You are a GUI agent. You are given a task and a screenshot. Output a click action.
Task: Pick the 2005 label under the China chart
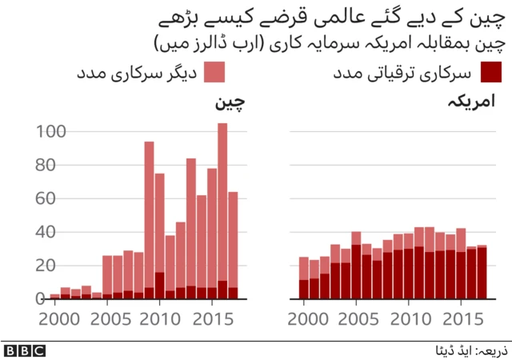(x=107, y=318)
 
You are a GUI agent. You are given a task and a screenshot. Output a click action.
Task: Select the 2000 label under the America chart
(x=303, y=318)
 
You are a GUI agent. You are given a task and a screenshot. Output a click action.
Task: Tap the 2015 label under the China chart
(x=212, y=318)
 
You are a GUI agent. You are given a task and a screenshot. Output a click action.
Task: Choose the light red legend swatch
(x=214, y=74)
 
